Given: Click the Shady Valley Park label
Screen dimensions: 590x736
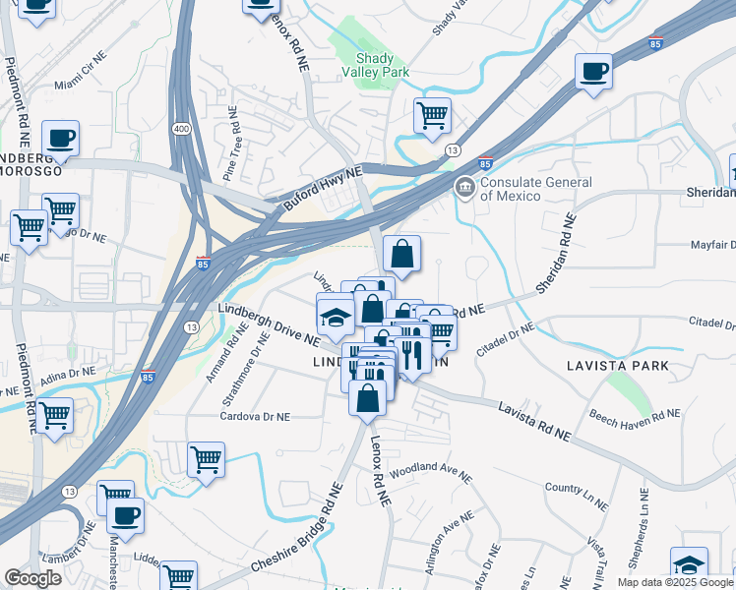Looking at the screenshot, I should pyautogui.click(x=374, y=65).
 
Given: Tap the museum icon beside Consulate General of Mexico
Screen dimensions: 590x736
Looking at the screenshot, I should pyautogui.click(x=463, y=186).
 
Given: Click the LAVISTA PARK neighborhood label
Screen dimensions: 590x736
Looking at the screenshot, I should pyautogui.click(x=618, y=366).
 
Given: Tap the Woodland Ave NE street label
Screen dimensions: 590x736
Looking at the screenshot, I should pyautogui.click(x=431, y=473).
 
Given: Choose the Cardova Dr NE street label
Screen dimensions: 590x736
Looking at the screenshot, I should pyautogui.click(x=254, y=416).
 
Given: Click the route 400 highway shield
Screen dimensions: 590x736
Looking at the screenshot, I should pyautogui.click(x=182, y=102).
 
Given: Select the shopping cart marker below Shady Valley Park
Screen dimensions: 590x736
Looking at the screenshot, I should pyautogui.click(x=432, y=116).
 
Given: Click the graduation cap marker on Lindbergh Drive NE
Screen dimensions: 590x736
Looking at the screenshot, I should pyautogui.click(x=335, y=315).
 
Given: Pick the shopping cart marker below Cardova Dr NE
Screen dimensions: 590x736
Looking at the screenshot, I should pyautogui.click(x=206, y=459).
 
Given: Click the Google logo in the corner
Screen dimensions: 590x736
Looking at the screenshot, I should pyautogui.click(x=32, y=578).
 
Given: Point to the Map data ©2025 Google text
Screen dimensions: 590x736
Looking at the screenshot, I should pyautogui.click(x=675, y=582).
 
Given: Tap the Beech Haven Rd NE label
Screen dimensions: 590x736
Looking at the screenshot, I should pyautogui.click(x=633, y=415).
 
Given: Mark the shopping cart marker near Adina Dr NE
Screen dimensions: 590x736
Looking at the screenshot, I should pyautogui.click(x=54, y=416).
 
